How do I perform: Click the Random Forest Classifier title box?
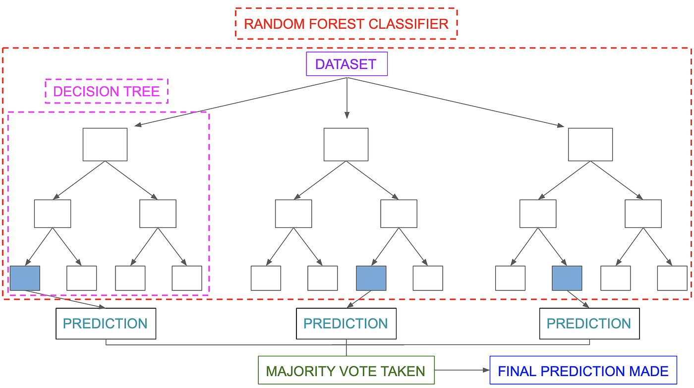click(x=346, y=24)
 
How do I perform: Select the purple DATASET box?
click(x=347, y=64)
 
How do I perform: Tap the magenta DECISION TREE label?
click(x=107, y=91)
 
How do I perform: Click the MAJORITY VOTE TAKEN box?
click(x=346, y=370)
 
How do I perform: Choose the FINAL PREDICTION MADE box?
click(x=583, y=370)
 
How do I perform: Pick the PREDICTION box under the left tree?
click(x=106, y=324)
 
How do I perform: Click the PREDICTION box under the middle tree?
click(x=346, y=324)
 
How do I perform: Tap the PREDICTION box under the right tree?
click(x=589, y=324)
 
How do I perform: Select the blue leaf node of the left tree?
click(x=25, y=278)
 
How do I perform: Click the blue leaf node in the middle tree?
click(x=371, y=278)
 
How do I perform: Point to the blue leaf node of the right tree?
click(x=567, y=278)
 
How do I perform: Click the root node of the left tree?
click(x=105, y=144)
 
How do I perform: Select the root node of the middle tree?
click(x=346, y=144)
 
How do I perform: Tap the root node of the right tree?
click(x=590, y=144)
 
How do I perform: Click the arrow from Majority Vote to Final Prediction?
click(x=462, y=370)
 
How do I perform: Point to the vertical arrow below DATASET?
click(x=347, y=98)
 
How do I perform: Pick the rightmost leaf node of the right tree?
click(x=672, y=278)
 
